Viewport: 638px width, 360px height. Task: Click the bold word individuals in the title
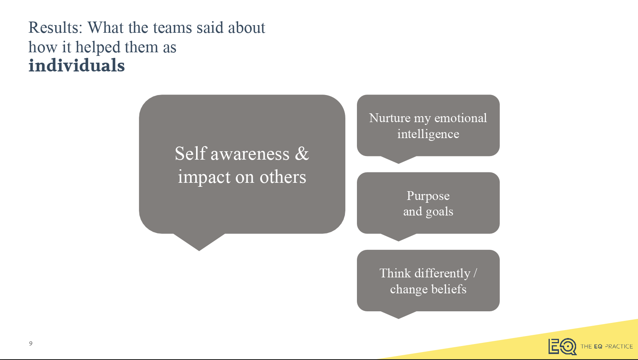click(76, 65)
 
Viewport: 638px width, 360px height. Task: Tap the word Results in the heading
click(55, 28)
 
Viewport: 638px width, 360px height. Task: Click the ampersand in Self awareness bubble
click(301, 154)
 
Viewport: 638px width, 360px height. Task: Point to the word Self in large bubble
click(190, 154)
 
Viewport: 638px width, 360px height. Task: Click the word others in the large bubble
click(283, 177)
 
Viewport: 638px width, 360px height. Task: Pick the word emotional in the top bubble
click(461, 118)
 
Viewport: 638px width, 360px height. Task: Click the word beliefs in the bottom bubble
click(449, 289)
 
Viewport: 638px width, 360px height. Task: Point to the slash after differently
click(475, 273)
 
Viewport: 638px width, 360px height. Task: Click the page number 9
click(31, 344)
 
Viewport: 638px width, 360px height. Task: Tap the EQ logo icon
click(563, 346)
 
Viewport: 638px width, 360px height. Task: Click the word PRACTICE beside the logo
click(618, 346)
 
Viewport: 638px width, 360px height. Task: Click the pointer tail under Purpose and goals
click(398, 237)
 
